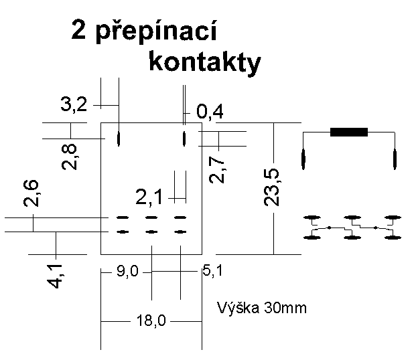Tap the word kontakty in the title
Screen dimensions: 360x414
click(x=204, y=62)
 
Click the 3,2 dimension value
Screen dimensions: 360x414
click(x=74, y=104)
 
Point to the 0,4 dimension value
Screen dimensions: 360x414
click(x=210, y=111)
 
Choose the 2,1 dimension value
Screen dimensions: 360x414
click(x=150, y=197)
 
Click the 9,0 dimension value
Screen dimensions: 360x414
click(x=126, y=272)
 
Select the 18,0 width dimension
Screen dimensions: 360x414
click(x=151, y=322)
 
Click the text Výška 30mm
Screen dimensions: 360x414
click(x=263, y=308)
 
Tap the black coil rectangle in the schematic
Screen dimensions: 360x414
click(x=349, y=132)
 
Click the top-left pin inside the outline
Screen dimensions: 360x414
click(x=119, y=139)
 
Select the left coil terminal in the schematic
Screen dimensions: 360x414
click(x=303, y=160)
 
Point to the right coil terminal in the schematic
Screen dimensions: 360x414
click(x=395, y=160)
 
